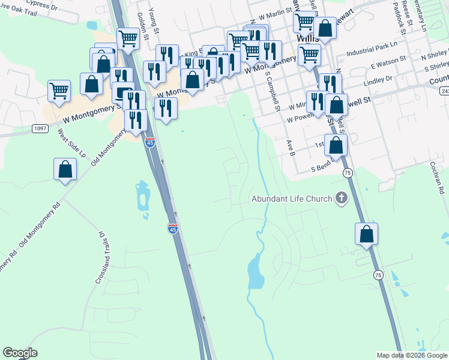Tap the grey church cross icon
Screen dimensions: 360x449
point(342,198)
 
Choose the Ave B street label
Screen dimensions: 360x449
point(291,148)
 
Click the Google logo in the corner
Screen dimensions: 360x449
point(20,353)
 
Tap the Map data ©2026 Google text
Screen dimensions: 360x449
point(412,355)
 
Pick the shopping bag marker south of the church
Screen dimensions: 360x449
point(366,235)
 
